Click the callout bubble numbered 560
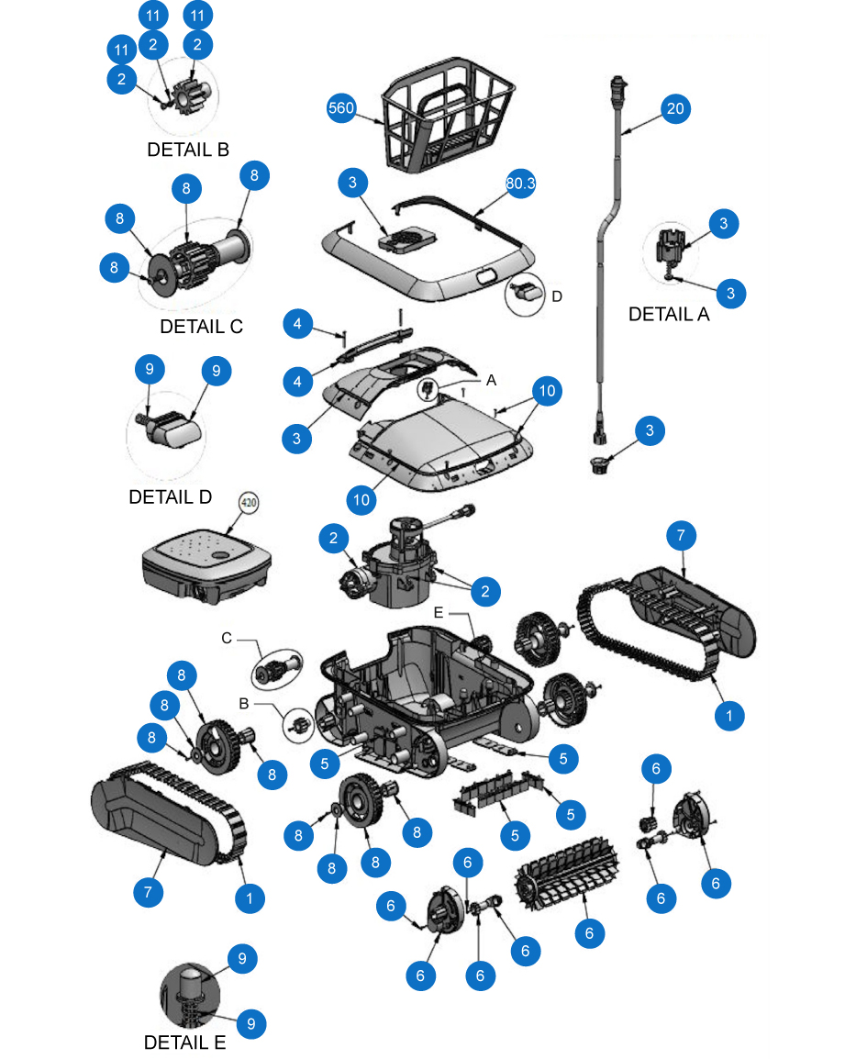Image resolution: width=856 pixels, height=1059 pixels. [x=341, y=108]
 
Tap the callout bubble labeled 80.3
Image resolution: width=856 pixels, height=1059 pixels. [x=520, y=184]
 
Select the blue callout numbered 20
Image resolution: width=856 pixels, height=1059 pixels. [x=675, y=108]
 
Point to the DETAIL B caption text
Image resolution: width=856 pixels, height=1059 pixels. [x=188, y=150]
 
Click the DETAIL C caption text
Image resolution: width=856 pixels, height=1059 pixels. [x=201, y=326]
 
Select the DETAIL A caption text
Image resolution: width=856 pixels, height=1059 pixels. [x=669, y=315]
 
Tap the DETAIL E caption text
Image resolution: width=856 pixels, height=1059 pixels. [x=184, y=1042]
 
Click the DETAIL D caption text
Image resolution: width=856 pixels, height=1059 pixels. [x=170, y=496]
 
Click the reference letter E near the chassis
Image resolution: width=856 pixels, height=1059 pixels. [x=438, y=610]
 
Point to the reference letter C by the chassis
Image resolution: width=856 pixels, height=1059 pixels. [x=227, y=638]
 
